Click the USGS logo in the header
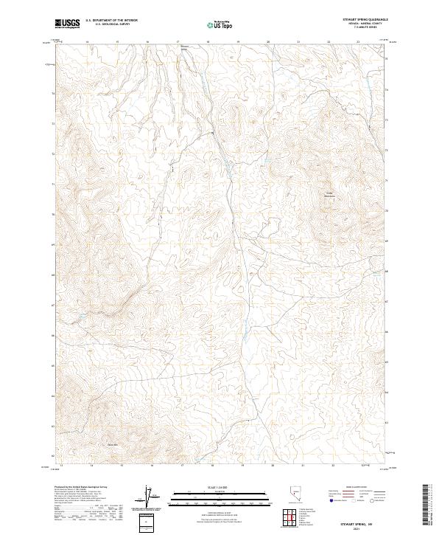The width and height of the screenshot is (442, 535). point(68,24)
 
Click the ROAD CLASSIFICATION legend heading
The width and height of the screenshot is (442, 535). point(352,489)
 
